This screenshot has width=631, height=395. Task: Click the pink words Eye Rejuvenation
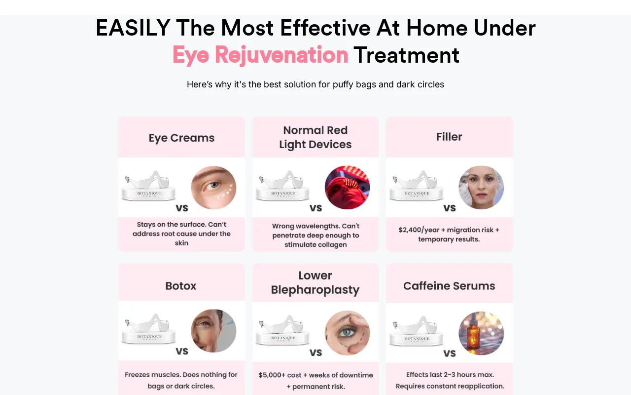point(260,55)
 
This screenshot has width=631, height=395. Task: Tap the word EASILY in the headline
point(133,28)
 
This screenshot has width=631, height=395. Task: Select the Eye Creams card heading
point(181,138)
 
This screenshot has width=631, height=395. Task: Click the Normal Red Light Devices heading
point(315,137)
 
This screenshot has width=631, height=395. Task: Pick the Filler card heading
point(449,137)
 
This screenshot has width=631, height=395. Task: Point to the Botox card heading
point(180,286)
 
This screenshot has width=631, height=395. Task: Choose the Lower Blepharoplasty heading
point(315,283)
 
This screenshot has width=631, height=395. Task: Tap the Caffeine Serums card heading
point(449,286)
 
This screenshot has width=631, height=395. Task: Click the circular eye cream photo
point(213,187)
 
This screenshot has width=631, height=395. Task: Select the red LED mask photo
point(347,187)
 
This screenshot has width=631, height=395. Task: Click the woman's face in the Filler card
point(481,187)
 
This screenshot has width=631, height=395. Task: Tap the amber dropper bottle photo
point(481,333)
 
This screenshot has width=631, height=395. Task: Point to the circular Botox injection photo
point(213,331)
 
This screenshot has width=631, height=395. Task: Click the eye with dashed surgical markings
point(347,333)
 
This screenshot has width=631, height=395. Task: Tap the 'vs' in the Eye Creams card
point(182,208)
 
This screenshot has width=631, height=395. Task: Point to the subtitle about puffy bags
point(315,84)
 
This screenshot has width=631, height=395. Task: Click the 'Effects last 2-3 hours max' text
point(450,375)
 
